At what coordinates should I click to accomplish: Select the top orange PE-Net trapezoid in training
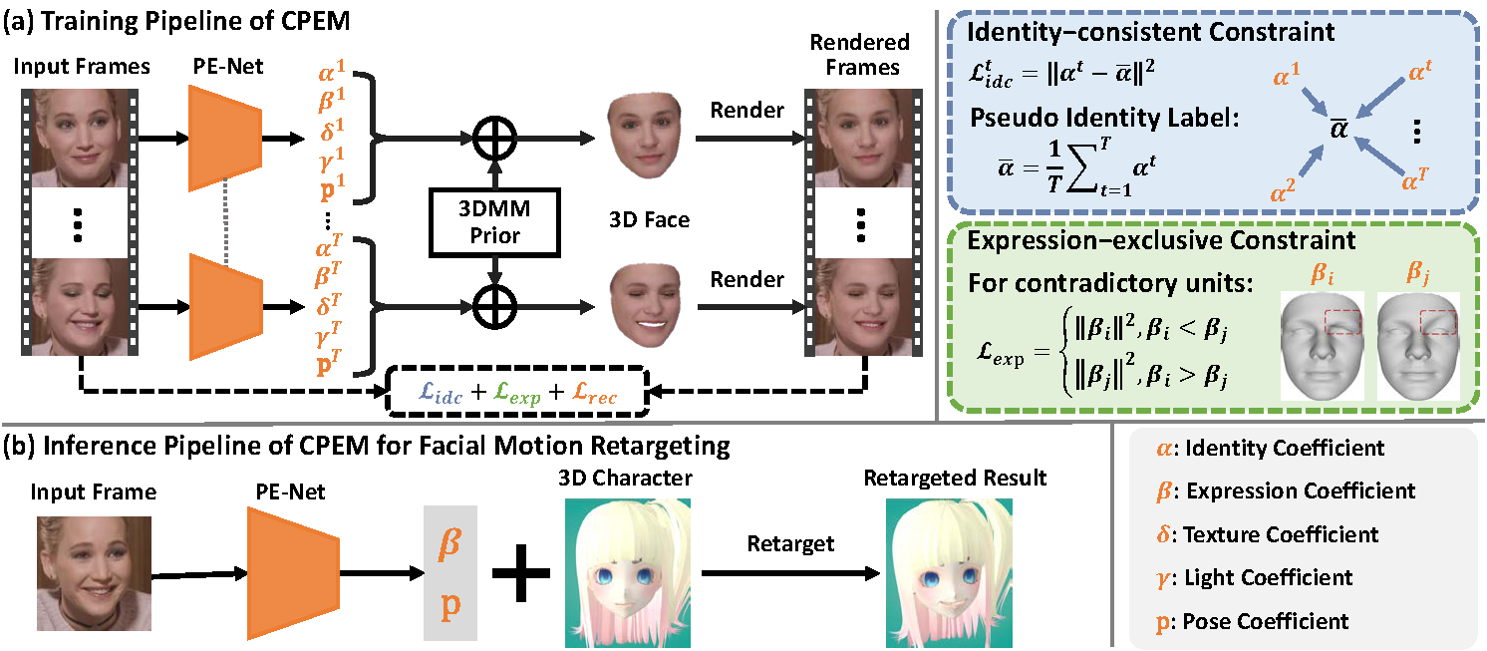click(225, 136)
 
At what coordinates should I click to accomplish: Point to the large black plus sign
click(523, 572)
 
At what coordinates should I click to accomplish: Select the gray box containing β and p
click(450, 572)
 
